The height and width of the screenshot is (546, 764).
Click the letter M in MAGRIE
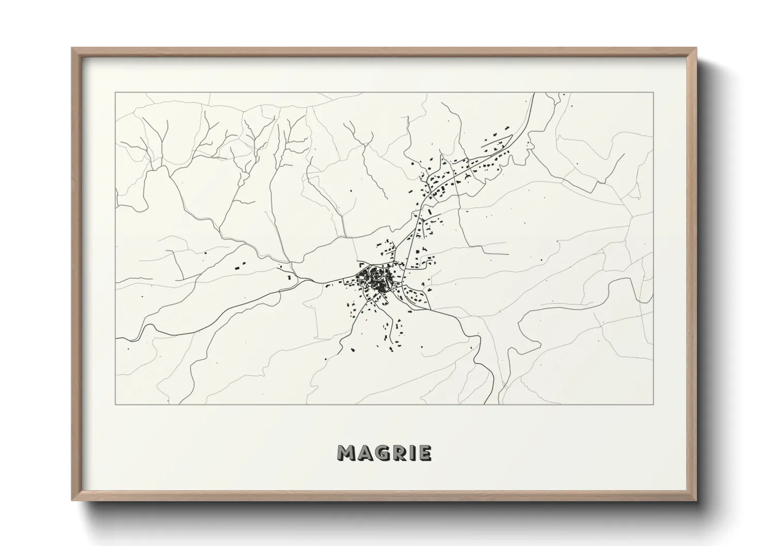tap(347, 453)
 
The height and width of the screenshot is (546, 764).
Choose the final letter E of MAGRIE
tap(424, 453)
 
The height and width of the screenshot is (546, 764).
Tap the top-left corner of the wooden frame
tap(72, 49)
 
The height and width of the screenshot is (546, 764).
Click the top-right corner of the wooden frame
tap(695, 49)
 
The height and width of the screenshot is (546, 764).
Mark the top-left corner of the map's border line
tap(115, 93)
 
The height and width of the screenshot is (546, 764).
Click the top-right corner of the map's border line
tap(653, 93)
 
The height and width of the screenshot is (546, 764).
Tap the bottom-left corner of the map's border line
tap(115, 404)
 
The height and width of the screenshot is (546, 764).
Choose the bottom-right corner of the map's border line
tap(653, 404)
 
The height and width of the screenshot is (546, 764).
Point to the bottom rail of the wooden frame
tap(384, 499)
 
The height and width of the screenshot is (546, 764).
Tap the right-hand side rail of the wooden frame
tap(694, 274)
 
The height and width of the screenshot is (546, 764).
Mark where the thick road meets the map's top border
tap(533, 93)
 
